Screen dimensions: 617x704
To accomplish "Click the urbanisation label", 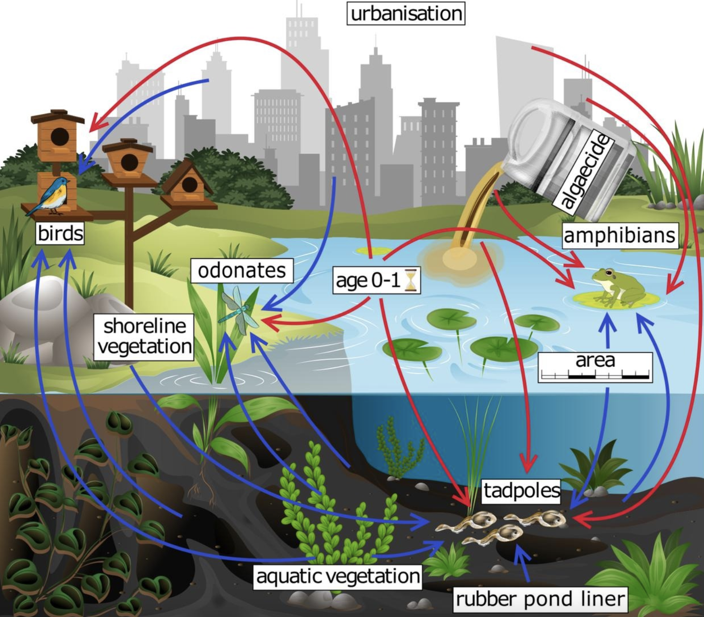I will coord(406,13).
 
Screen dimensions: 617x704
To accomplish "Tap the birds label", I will coord(60,233).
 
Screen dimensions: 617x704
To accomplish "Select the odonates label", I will coord(242,270).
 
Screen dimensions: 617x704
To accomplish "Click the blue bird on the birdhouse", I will coord(51,194).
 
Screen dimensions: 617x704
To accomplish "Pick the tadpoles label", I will coord(522,490).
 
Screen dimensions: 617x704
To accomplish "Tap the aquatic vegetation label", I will coord(338,576).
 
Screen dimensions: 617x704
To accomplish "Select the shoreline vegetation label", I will coord(144,336).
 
